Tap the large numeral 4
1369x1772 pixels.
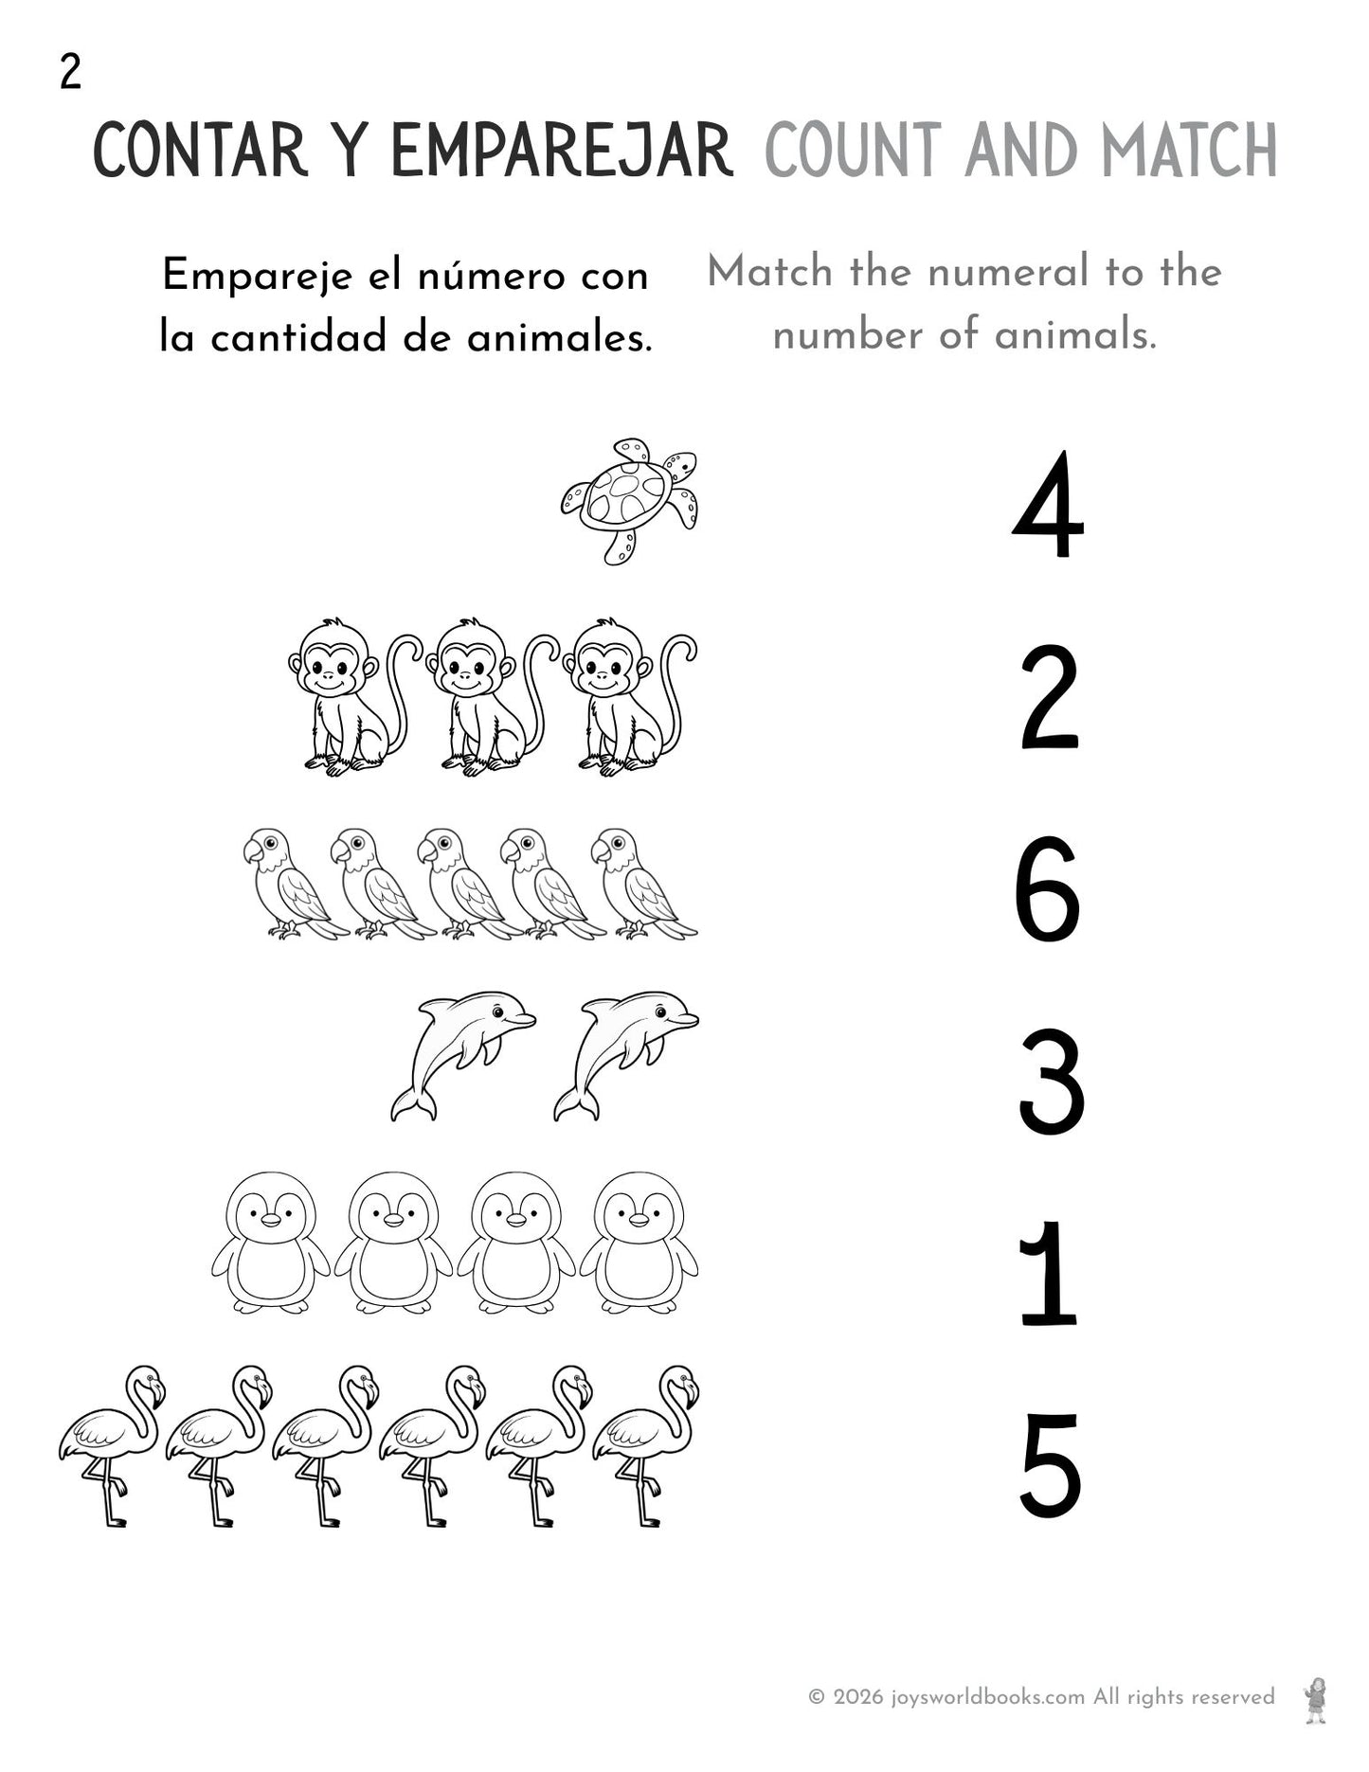pyautogui.click(x=1048, y=506)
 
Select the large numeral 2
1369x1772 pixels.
pyautogui.click(x=1049, y=698)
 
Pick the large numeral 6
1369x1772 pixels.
pyautogui.click(x=1047, y=889)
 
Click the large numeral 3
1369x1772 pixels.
pyautogui.click(x=1051, y=1083)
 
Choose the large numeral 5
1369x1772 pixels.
pyautogui.click(x=1050, y=1466)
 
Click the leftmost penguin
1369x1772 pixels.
pyautogui.click(x=270, y=1243)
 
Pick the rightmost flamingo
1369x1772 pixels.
pyautogui.click(x=646, y=1444)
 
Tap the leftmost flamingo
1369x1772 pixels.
pyautogui.click(x=112, y=1444)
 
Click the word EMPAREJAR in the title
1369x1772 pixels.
pyautogui.click(x=561, y=152)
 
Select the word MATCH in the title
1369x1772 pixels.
pyautogui.click(x=1188, y=152)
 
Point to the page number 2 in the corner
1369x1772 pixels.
pyautogui.click(x=70, y=72)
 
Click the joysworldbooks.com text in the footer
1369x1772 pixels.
pyautogui.click(x=987, y=1696)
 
